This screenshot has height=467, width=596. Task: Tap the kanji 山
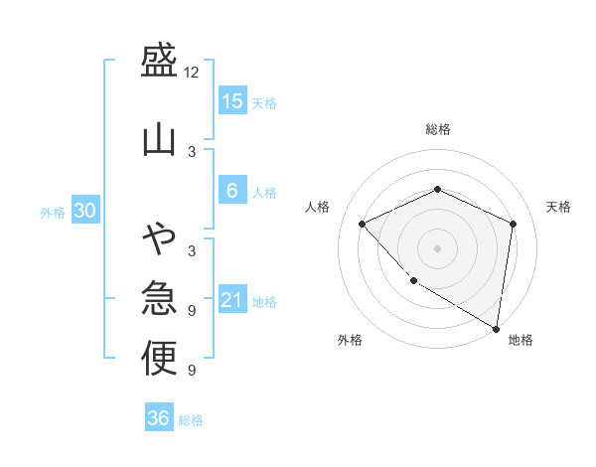159,138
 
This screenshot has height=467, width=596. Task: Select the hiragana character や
159,238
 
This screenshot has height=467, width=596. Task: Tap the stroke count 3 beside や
192,250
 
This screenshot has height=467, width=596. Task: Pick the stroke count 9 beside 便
192,371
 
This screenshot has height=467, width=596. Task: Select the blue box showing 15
231,100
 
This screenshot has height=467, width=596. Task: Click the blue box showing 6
231,191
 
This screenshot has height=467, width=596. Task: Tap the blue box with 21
231,300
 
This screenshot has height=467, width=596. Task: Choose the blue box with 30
84,211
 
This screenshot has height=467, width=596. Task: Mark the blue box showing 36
159,418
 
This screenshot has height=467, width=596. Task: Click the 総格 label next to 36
192,420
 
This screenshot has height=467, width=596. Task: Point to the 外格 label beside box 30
53,212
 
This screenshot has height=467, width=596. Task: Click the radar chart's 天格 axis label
558,207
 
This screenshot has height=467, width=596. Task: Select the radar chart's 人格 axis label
318,207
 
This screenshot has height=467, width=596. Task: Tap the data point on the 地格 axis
496,327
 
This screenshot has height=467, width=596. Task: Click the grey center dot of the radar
437,247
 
